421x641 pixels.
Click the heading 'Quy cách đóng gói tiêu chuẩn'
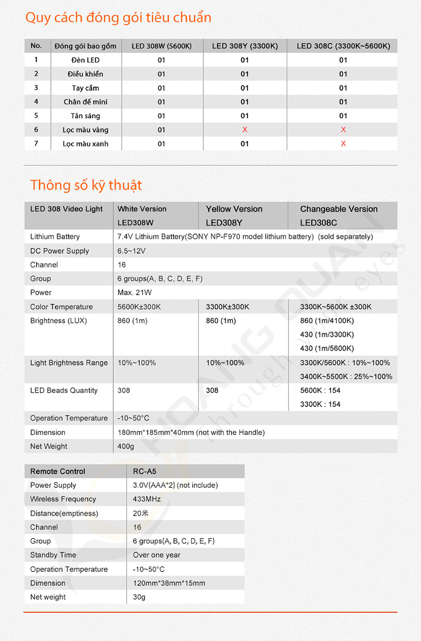click(x=118, y=18)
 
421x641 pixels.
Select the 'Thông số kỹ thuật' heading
click(x=86, y=185)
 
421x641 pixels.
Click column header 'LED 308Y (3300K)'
click(x=245, y=46)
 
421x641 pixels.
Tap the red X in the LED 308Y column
click(x=245, y=130)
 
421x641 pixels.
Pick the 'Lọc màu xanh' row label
click(x=85, y=144)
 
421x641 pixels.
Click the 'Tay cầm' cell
click(x=85, y=88)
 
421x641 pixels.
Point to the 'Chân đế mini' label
click(x=85, y=102)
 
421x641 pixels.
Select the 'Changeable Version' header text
click(x=338, y=209)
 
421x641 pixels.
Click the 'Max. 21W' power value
click(x=134, y=292)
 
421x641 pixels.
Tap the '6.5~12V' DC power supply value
click(x=131, y=251)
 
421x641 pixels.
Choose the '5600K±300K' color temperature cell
click(x=139, y=307)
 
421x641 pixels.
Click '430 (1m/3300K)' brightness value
click(x=327, y=334)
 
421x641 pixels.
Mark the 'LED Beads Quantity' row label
click(x=64, y=390)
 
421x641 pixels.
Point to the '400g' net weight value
click(x=125, y=446)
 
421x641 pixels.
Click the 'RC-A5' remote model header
click(x=144, y=471)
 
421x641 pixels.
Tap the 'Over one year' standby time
click(x=157, y=555)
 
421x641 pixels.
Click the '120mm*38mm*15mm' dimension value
click(x=169, y=583)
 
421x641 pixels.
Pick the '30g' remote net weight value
click(x=139, y=597)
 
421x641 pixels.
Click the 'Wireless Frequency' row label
click(x=63, y=499)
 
